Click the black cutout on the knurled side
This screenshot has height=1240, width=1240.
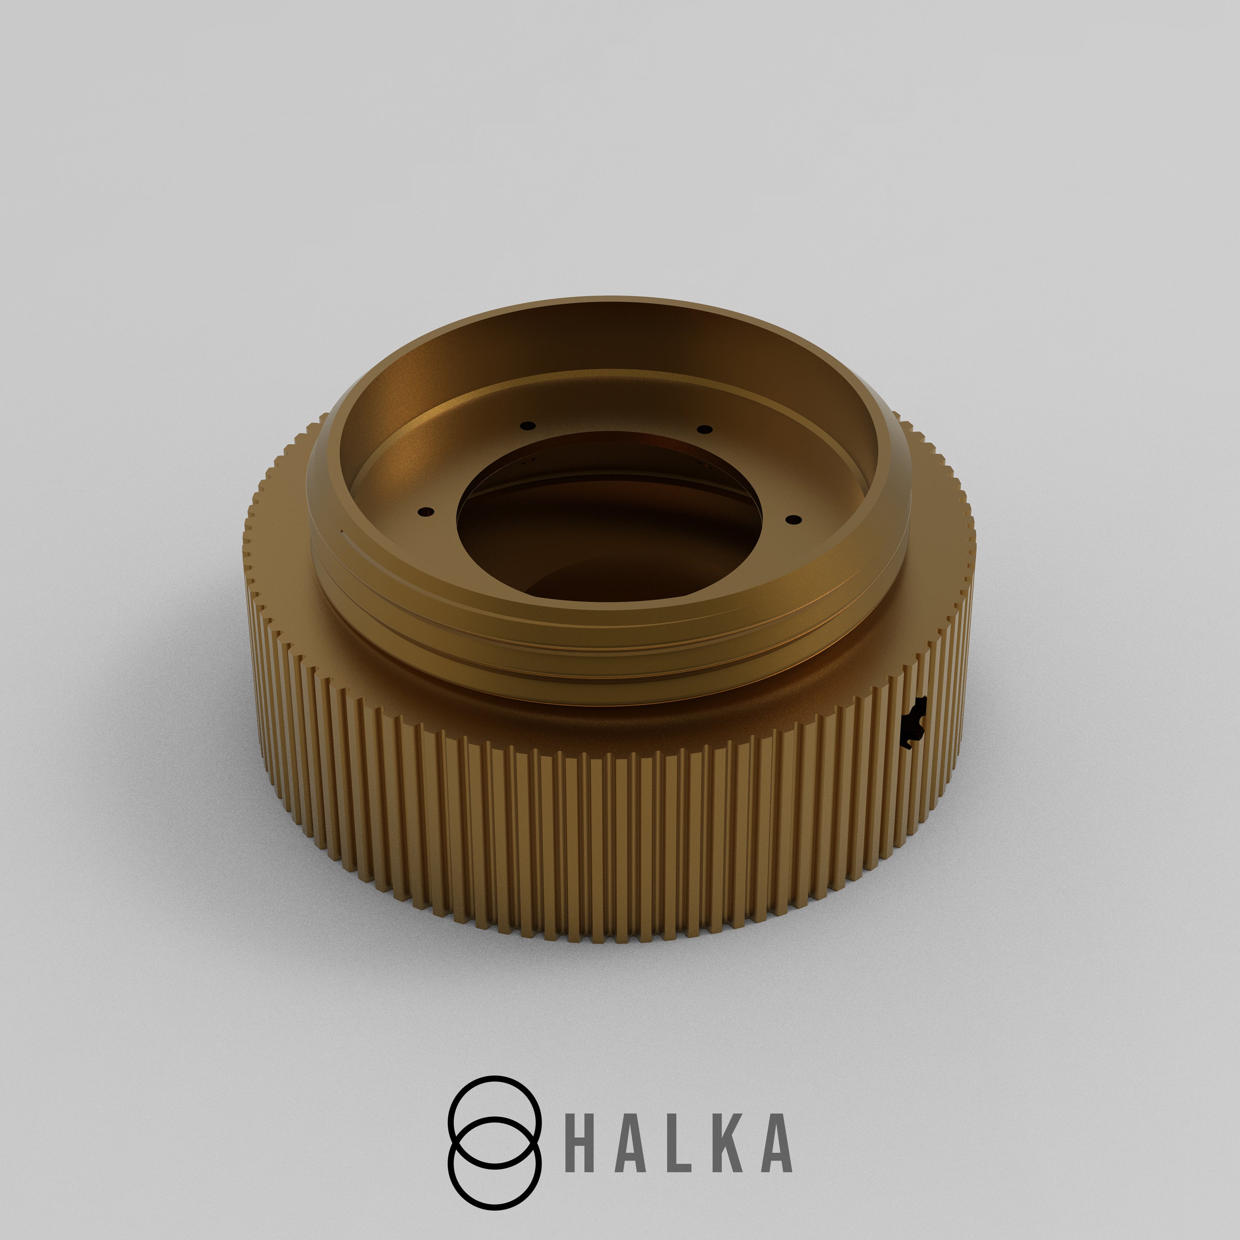pyautogui.click(x=913, y=722)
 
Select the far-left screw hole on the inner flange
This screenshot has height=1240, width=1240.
pyautogui.click(x=527, y=425)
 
